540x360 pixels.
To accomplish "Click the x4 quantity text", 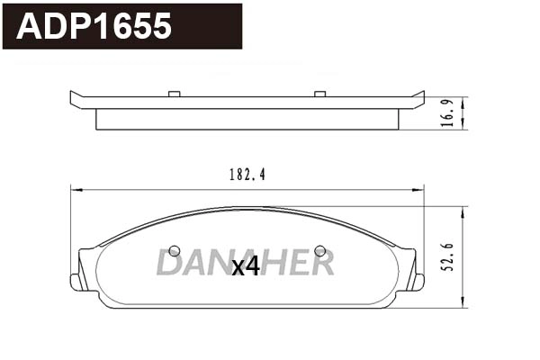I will [x=246, y=266].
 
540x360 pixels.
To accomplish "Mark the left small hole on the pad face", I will [x=175, y=250].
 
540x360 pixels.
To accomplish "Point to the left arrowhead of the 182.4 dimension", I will [x=76, y=189].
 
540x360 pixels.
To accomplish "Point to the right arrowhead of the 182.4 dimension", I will [x=419, y=189].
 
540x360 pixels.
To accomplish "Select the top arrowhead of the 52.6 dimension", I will [x=463, y=208].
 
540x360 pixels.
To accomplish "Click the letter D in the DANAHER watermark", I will [x=170, y=262].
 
